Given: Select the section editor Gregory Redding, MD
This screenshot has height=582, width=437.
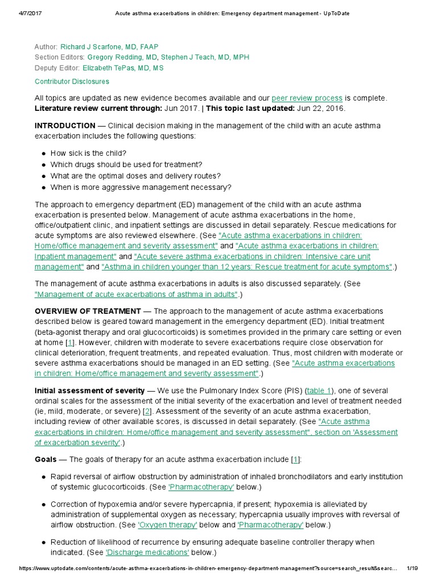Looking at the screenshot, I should tap(122, 57).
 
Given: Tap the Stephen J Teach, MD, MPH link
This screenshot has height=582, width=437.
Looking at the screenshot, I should tap(205, 57).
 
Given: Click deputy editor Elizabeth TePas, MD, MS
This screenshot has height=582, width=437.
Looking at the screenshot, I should tap(123, 68).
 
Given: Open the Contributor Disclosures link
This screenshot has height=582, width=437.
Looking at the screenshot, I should tap(72, 81).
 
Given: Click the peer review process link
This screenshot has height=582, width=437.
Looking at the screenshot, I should tap(307, 98).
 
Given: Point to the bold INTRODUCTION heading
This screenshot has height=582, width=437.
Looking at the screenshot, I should tap(65, 126).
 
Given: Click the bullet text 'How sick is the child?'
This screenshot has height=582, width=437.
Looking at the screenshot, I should tap(88, 153).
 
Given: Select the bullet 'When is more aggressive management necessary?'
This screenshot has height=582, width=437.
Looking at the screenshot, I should tap(141, 188).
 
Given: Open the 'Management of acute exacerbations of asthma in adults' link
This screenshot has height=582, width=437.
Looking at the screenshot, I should tap(137, 294).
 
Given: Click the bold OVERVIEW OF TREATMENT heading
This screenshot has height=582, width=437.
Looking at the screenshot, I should tap(88, 311).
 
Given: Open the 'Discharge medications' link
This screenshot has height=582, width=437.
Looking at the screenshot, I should tap(147, 552).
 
